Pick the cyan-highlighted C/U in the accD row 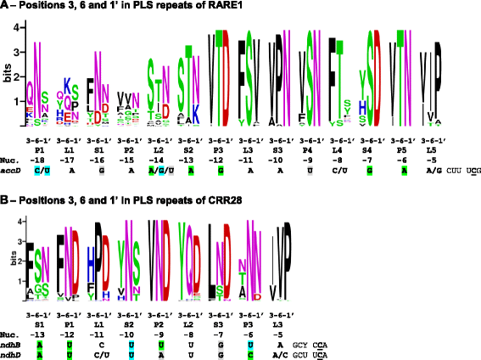pos(39,170)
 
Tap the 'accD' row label pos(10,170)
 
